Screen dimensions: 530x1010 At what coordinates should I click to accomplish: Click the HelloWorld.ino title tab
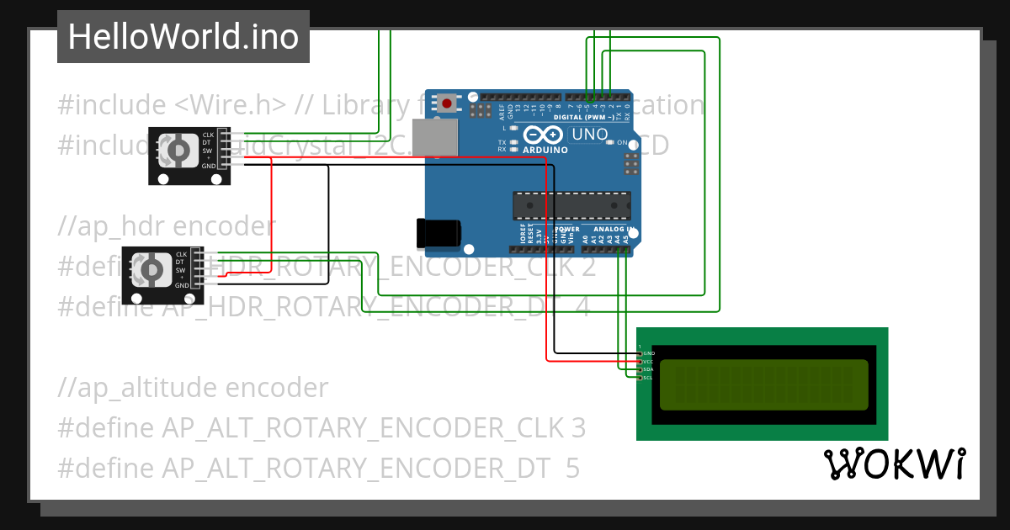pos(183,37)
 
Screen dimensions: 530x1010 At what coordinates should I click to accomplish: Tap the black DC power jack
pos(439,232)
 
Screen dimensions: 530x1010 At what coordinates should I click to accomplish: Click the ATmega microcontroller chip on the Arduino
pos(571,205)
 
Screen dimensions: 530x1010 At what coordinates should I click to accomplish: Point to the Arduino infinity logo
pos(542,135)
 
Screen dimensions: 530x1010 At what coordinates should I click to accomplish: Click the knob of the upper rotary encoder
pos(178,151)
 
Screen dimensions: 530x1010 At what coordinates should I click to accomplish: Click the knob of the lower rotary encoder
pos(152,269)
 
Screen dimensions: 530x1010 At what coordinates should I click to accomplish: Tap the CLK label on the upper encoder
pos(208,135)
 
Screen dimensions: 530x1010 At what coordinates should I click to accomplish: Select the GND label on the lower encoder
pos(182,285)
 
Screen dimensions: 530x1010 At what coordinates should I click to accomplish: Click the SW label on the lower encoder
pos(181,270)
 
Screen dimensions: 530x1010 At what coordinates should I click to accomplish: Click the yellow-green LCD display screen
pos(763,384)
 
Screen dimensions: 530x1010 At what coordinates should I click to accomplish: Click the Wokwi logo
pos(894,464)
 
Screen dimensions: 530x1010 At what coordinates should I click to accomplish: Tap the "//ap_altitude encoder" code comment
pos(193,388)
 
